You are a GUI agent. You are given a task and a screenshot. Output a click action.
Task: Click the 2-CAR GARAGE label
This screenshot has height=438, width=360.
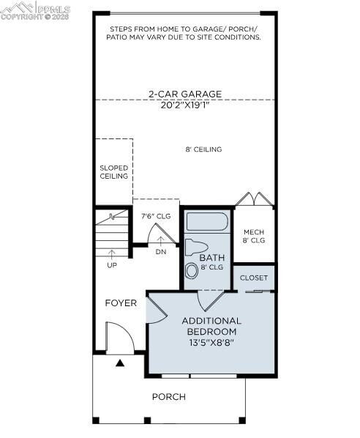(x=184, y=94)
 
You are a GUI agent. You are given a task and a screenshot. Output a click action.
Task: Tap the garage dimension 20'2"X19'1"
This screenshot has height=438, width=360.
(x=184, y=104)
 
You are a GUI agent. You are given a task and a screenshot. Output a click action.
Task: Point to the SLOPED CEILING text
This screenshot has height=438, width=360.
(x=113, y=172)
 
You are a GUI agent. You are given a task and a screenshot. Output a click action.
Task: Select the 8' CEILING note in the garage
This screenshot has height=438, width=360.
(x=203, y=149)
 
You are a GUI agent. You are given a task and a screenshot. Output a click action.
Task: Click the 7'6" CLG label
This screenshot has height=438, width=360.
(x=155, y=216)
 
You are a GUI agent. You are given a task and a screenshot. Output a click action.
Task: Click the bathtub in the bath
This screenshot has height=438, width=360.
(x=207, y=221)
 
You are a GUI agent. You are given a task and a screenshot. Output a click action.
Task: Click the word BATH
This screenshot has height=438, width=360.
(x=212, y=258)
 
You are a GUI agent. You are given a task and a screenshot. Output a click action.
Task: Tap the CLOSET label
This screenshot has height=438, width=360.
(x=254, y=278)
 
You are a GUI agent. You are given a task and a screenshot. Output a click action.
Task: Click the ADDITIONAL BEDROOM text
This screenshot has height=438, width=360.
(x=211, y=326)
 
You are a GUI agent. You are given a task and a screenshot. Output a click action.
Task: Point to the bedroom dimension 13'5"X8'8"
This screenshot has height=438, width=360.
(x=211, y=342)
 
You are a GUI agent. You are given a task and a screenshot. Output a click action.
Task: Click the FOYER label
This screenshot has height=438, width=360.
(x=121, y=303)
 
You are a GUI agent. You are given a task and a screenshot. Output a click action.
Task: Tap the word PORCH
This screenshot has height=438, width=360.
(x=169, y=397)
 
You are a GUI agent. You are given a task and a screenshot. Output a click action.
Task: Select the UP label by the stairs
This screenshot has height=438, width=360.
(x=112, y=264)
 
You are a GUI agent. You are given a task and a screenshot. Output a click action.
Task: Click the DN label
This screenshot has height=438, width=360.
(x=161, y=252)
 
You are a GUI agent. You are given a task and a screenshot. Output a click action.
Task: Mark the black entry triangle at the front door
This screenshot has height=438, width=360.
(x=120, y=363)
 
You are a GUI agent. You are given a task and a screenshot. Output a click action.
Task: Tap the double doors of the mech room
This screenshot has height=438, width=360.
(x=253, y=199)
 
